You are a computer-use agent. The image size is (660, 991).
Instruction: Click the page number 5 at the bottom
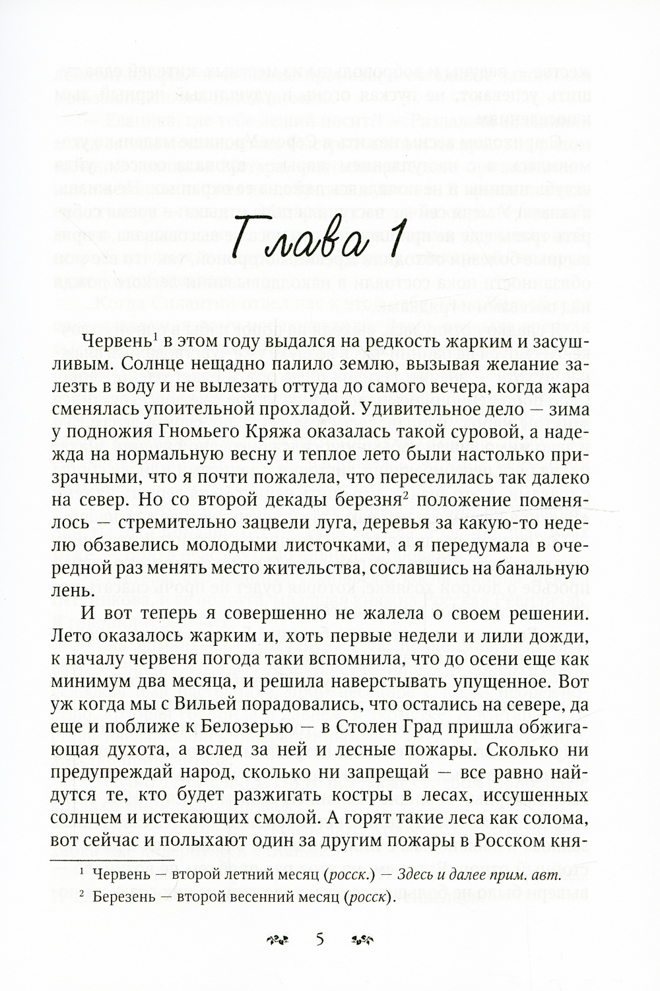320,939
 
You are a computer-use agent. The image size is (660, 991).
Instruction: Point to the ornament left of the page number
277,939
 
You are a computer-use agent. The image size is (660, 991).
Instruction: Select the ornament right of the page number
364,939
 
